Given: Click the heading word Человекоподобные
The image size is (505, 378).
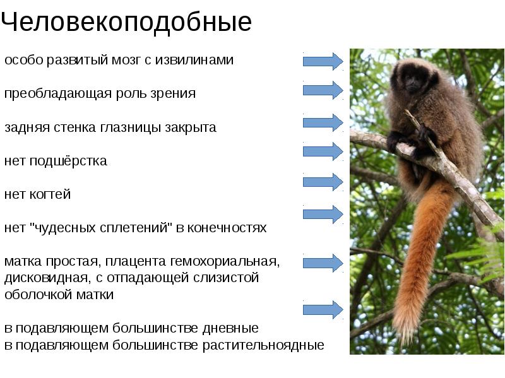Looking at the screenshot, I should click(126, 23).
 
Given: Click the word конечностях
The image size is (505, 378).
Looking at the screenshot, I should click(229, 228).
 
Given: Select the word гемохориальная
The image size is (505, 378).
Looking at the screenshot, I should click(231, 261).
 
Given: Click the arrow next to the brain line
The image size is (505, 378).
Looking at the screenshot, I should click(323, 61).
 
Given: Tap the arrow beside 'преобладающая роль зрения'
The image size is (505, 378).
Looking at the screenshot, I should click(323, 90).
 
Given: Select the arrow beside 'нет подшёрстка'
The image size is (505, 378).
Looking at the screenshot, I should click(323, 151).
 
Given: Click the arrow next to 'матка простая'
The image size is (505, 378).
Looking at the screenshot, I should click(323, 261).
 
